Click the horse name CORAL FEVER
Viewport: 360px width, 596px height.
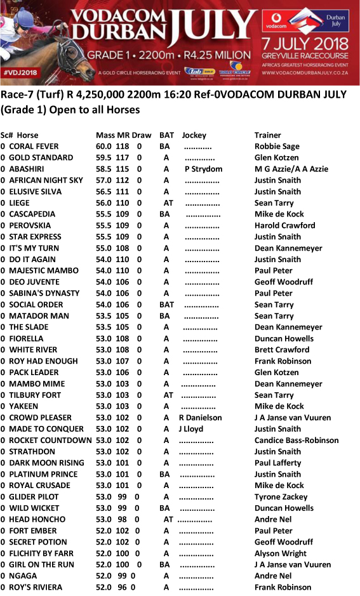pyautogui.click(x=34, y=146)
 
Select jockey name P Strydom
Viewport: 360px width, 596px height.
pyautogui.click(x=203, y=169)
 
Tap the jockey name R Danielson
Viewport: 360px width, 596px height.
pyautogui.click(x=201, y=418)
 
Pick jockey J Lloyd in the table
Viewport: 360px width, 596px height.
pyautogui.click(x=190, y=429)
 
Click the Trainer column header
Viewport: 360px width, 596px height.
pyautogui.click(x=268, y=135)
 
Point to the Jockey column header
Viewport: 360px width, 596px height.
pyautogui.click(x=194, y=135)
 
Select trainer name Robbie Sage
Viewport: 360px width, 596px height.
pyautogui.click(x=277, y=146)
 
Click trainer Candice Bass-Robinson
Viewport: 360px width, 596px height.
pyautogui.click(x=297, y=440)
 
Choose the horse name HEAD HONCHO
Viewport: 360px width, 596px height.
pyautogui.click(x=37, y=519)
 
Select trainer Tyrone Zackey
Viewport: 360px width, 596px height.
pyautogui.click(x=280, y=497)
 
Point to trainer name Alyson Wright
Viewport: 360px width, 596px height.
pyautogui.click(x=281, y=553)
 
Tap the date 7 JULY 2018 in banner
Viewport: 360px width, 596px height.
pyautogui.click(x=305, y=44)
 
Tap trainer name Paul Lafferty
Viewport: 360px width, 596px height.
pyautogui.click(x=277, y=463)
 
